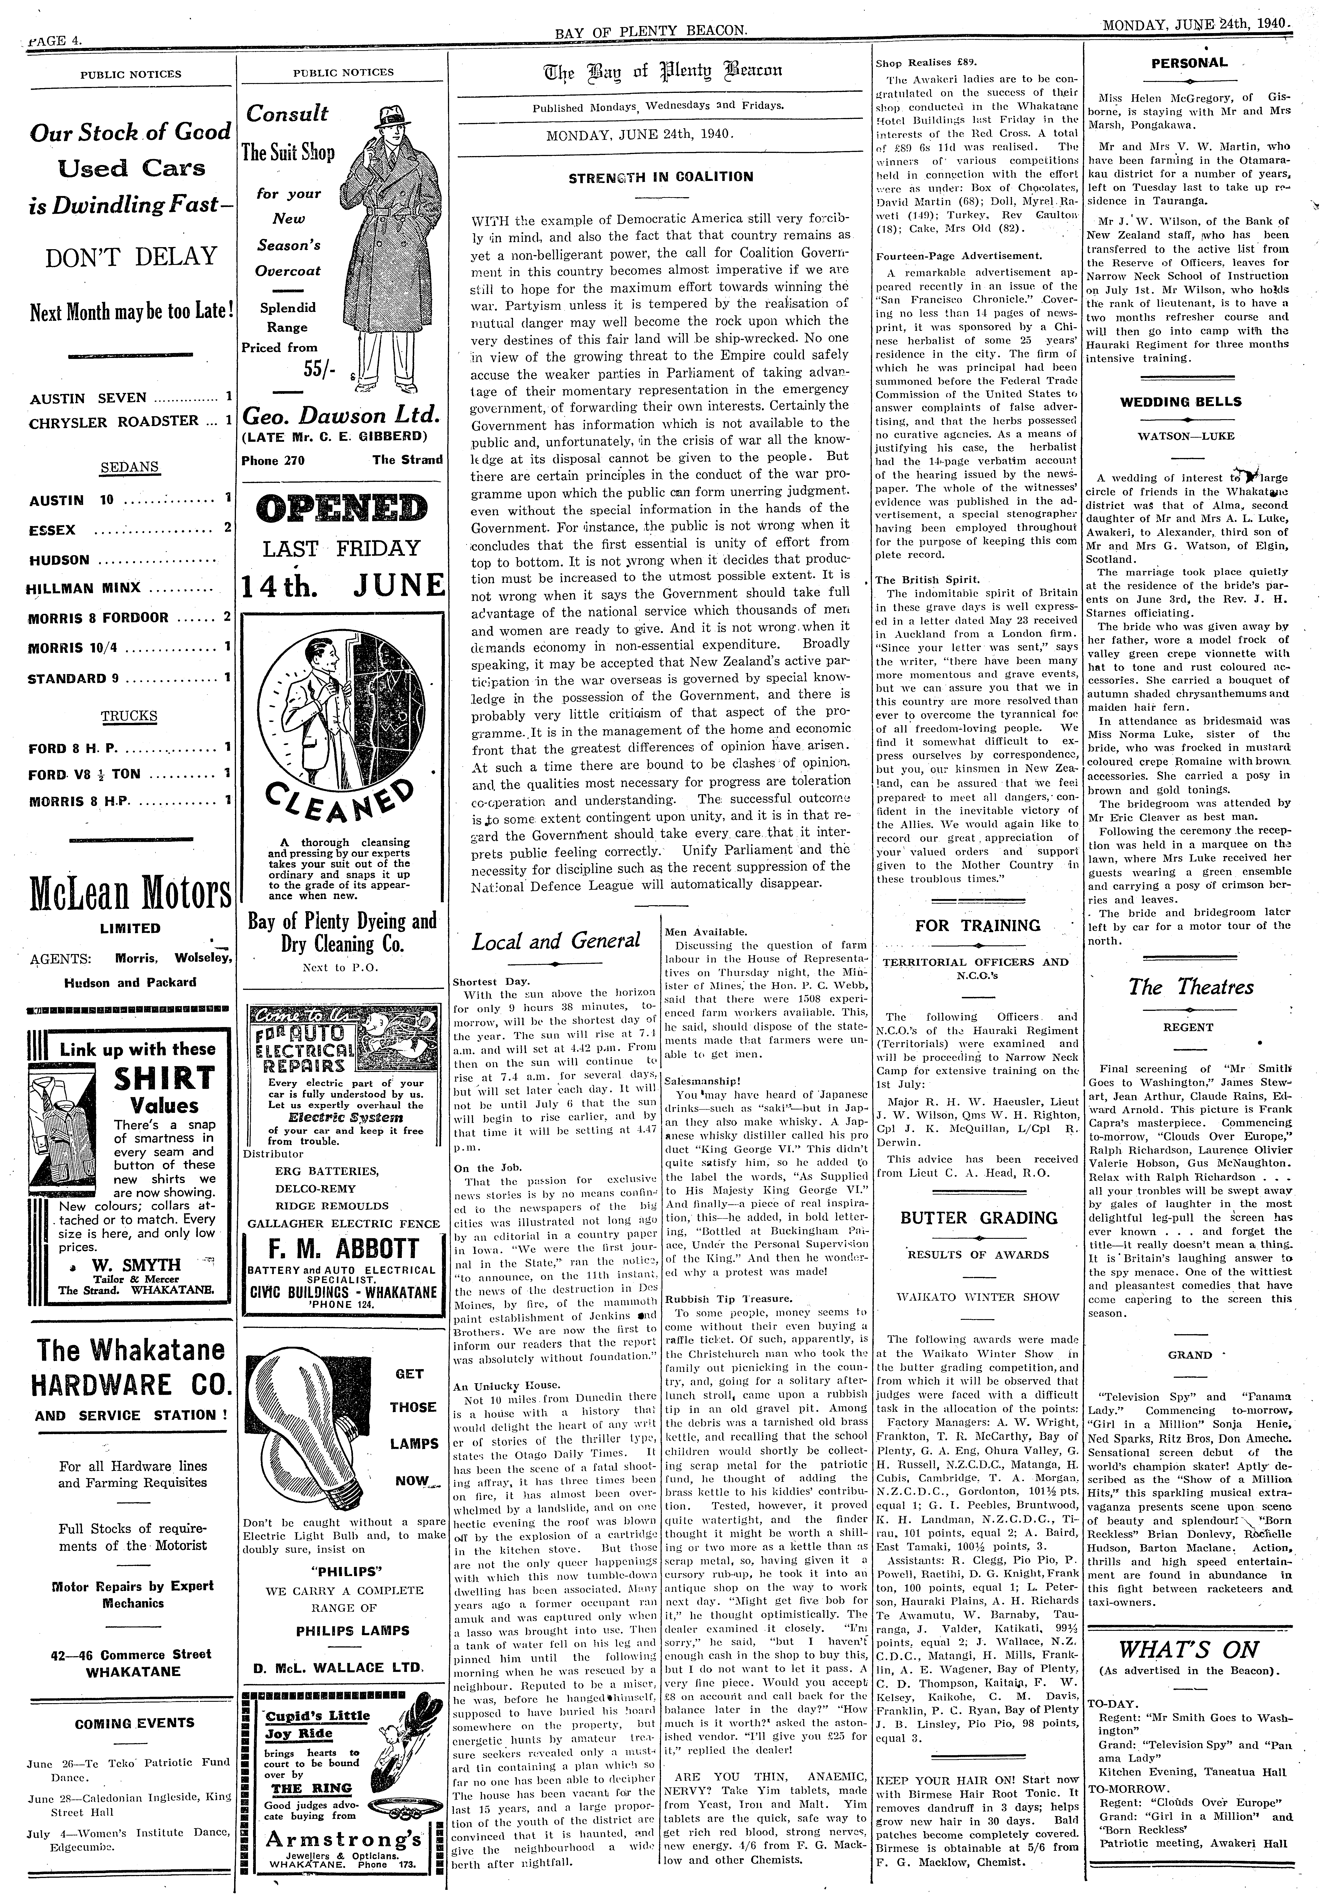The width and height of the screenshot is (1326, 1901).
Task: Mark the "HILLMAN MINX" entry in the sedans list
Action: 84,588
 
